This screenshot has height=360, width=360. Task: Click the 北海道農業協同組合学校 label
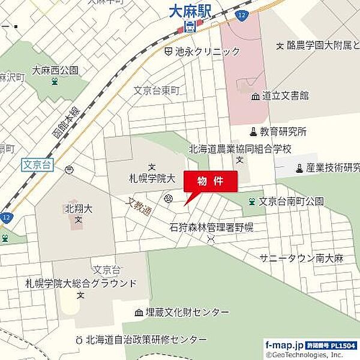(x=239, y=148)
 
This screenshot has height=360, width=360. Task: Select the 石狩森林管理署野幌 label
(x=211, y=227)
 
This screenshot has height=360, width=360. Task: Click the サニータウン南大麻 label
(x=301, y=258)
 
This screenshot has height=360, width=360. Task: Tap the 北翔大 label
(x=77, y=209)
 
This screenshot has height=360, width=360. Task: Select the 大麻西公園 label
(x=55, y=70)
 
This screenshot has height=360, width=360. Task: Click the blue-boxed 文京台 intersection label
(x=37, y=163)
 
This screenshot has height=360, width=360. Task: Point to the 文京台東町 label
(x=156, y=91)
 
